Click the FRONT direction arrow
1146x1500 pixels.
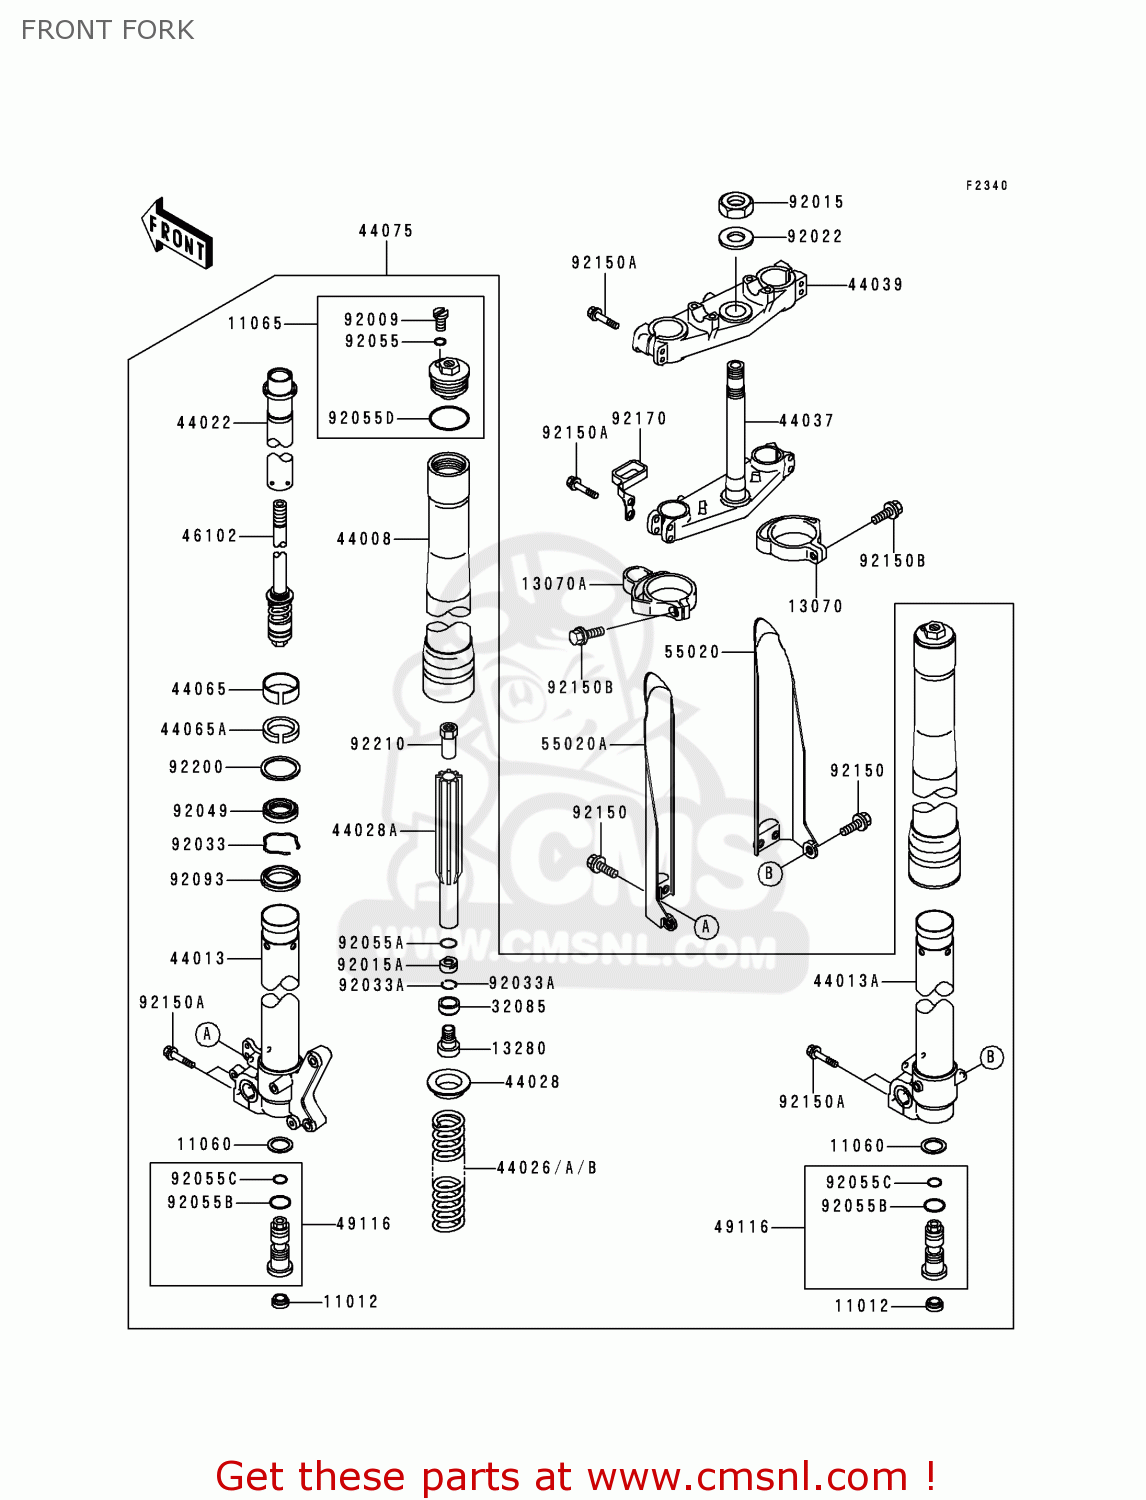tap(177, 234)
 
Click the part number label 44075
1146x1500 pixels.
tap(386, 231)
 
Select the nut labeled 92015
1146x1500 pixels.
tap(736, 206)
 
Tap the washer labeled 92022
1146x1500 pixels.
tap(736, 238)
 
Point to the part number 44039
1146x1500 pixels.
tap(875, 285)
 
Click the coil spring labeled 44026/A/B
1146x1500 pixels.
tap(448, 1171)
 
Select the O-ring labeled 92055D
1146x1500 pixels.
tap(449, 419)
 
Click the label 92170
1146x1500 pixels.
tap(639, 419)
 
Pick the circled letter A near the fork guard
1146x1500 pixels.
tap(706, 927)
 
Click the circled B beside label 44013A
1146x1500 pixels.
tap(991, 1057)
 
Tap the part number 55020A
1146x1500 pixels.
tap(574, 744)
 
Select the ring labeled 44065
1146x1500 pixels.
tap(281, 688)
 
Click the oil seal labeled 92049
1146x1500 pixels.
tap(280, 809)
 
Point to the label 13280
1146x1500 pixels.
tap(519, 1048)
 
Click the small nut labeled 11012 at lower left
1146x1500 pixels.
tap(281, 1301)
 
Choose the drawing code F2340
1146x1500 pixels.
tap(987, 186)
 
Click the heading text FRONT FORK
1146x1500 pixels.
tap(108, 31)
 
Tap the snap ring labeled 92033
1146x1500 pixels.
tap(281, 844)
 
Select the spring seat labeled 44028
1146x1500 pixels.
tap(449, 1082)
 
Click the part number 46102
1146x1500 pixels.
tap(210, 536)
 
